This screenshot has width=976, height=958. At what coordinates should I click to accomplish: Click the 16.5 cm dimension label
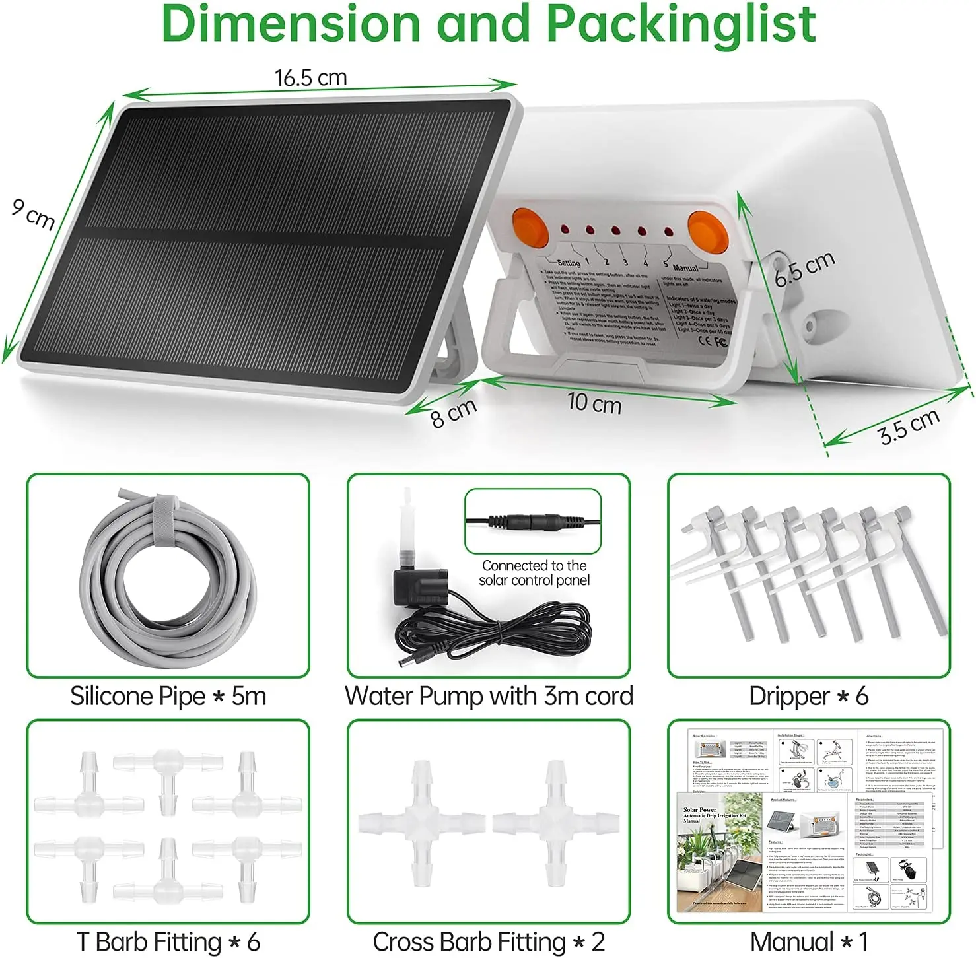[x=310, y=78]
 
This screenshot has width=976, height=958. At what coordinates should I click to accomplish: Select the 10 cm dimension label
[x=594, y=402]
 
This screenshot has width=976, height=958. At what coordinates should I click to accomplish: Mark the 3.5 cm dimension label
[x=909, y=427]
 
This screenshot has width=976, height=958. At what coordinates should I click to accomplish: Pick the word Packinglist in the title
[x=680, y=24]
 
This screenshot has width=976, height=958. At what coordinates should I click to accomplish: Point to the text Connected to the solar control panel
[x=534, y=573]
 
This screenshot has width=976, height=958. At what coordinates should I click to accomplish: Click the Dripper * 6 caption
[x=808, y=697]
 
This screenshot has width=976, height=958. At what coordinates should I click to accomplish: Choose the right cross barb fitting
[x=556, y=823]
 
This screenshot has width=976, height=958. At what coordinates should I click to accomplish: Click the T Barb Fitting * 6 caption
[x=168, y=941]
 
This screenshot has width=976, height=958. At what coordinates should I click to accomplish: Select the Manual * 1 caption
[x=808, y=941]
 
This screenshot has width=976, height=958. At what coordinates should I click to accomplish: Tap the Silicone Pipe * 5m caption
[x=168, y=697]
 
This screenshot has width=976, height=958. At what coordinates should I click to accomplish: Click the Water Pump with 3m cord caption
[x=489, y=697]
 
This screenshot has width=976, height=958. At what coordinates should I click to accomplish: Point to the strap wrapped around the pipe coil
[x=160, y=522]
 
